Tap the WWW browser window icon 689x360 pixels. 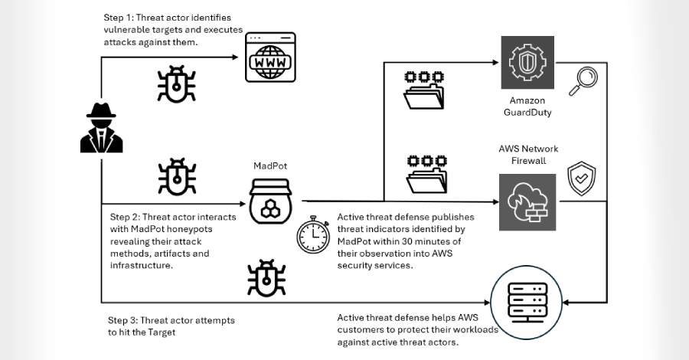click(x=269, y=57)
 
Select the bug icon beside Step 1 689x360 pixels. click(x=175, y=83)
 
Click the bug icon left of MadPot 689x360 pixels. click(x=175, y=177)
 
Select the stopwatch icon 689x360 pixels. click(x=313, y=235)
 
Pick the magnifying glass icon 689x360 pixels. click(x=586, y=79)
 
